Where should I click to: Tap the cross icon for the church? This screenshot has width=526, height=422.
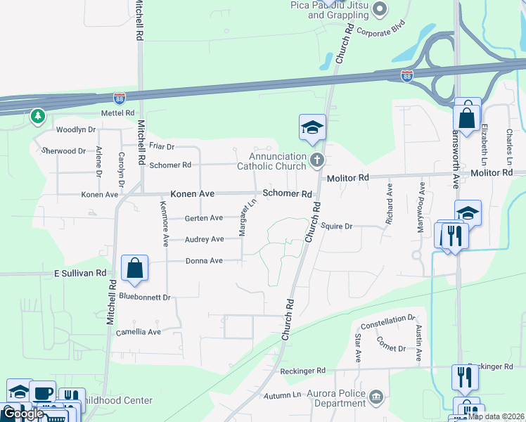pos(316,161)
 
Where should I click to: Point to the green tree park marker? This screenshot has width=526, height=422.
pos(37,116)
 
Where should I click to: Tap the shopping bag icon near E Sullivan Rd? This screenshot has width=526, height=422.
pos(134,268)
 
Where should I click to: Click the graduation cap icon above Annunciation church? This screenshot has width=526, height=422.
pos(312,127)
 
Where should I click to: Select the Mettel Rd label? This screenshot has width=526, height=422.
pos(98,113)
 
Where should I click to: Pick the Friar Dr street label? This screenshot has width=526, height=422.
pos(162,146)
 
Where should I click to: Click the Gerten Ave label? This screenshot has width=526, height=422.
pos(203,218)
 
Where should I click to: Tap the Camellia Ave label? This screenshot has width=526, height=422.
pos(139,332)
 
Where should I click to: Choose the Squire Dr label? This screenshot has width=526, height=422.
pos(336,226)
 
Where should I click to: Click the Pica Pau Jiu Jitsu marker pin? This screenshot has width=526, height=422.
pos(380,8)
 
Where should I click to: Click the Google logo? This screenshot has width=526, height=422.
pos(23,414)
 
